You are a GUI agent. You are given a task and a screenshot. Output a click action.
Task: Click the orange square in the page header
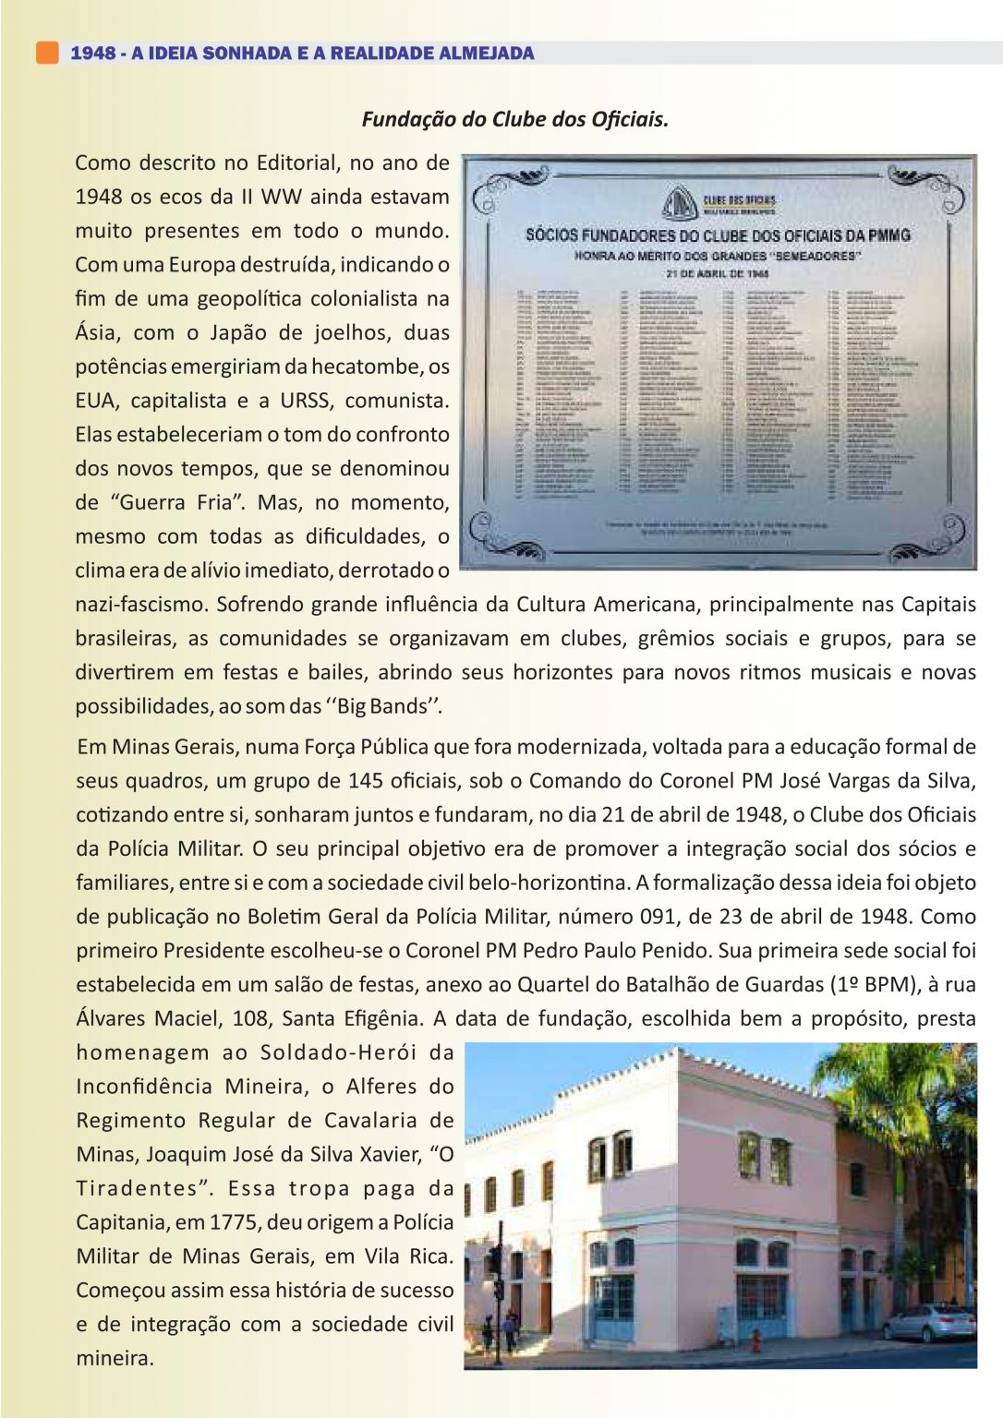coord(47,53)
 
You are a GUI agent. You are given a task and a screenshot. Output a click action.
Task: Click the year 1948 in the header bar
coord(92,54)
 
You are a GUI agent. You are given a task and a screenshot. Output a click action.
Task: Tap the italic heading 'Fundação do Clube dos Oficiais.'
coord(514,119)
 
